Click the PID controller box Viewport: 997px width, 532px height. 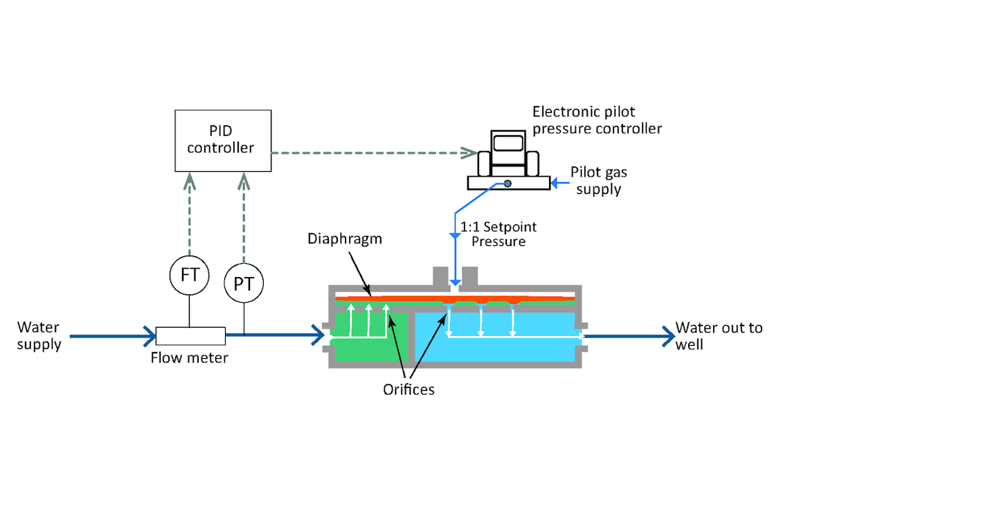222,140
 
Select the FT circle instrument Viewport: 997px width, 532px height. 190,275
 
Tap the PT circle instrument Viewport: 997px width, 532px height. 244,283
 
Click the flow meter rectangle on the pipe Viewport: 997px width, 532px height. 190,336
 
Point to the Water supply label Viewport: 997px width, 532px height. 39,335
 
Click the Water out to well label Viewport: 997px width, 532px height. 719,335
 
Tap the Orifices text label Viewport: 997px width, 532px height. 408,389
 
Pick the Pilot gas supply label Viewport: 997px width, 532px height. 598,179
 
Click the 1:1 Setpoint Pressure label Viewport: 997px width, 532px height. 498,234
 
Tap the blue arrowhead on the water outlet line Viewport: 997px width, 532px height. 668,337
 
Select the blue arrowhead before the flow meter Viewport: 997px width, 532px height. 150,337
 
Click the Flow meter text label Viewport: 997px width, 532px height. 189,358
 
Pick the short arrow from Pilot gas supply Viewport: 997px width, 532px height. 560,183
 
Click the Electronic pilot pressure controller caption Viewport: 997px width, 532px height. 597,120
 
